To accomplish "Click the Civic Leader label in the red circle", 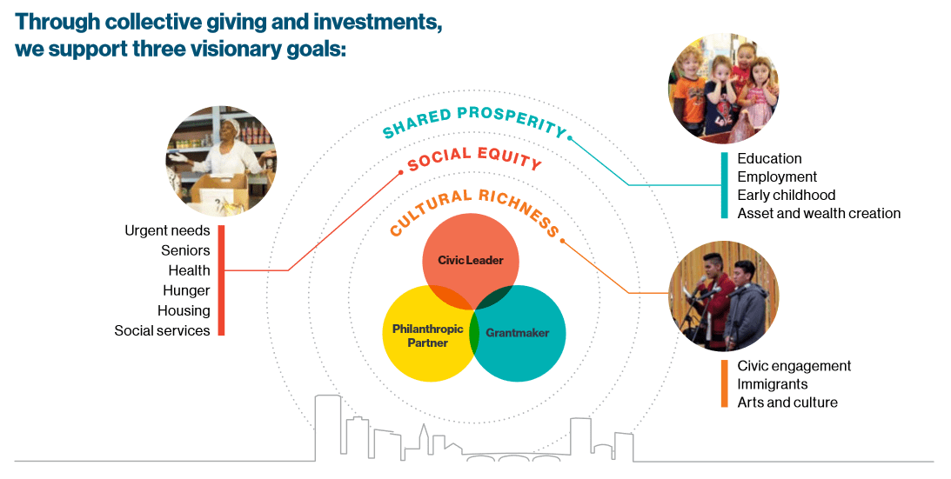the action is point(471,261).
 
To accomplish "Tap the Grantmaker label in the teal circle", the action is point(518,333).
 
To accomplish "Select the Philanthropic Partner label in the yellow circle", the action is point(427,336).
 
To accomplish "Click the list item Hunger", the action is point(186,291).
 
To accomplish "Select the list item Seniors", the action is point(185,250).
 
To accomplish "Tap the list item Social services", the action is point(162,330).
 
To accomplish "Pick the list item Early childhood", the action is point(786,196).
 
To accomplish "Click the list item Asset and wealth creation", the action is point(819,214).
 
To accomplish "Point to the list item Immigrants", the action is point(772,384).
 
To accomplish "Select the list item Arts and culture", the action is point(787,402).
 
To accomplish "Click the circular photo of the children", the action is point(723,88).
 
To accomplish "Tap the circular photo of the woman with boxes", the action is point(221,162).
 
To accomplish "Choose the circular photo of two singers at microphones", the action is point(723,296).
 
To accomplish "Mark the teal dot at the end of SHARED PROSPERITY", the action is point(570,137).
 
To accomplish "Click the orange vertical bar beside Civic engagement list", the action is point(724,383).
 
